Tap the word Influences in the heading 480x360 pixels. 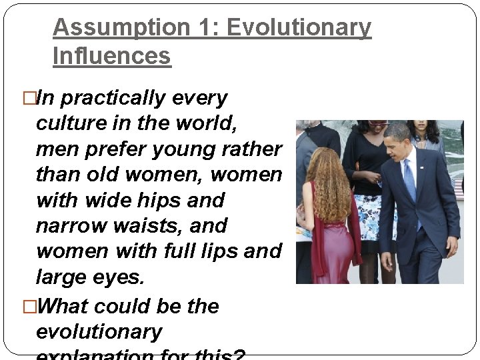pos(111,56)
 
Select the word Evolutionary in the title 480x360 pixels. pos(299,28)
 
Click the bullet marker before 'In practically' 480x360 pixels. pos(29,99)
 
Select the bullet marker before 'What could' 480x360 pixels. pos(29,307)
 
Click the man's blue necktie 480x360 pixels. pos(409,179)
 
